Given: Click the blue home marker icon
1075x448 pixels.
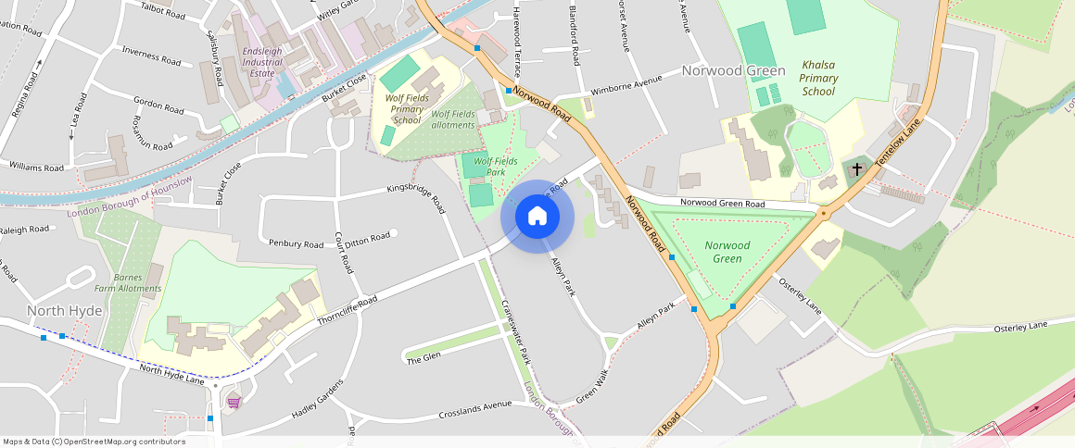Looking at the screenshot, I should tap(537, 217).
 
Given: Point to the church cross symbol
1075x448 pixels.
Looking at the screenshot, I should tap(857, 169).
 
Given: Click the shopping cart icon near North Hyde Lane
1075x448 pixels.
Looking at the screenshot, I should tap(233, 401).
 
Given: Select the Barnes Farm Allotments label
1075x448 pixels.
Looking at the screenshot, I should tap(136, 282).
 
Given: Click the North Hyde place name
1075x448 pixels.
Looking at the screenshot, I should tap(64, 310).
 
